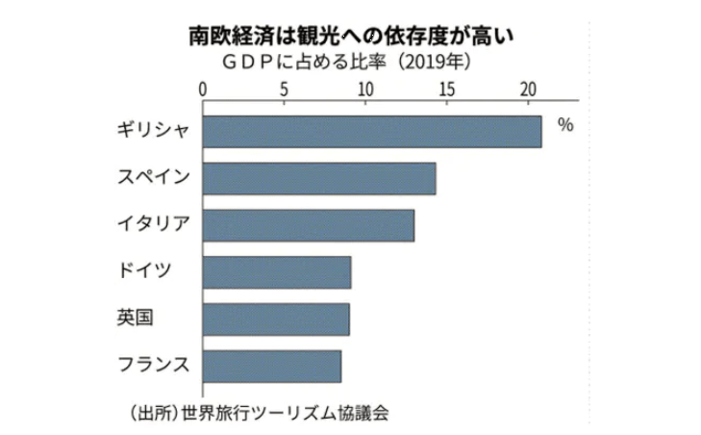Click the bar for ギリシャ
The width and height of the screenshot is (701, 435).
click(x=372, y=132)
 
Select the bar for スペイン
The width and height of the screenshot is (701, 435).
click(x=319, y=179)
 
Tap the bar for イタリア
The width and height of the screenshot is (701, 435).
click(x=309, y=225)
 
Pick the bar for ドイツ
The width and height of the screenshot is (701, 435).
click(x=277, y=272)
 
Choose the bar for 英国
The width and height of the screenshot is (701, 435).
click(x=276, y=319)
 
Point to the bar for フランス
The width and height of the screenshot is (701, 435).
click(x=272, y=366)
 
